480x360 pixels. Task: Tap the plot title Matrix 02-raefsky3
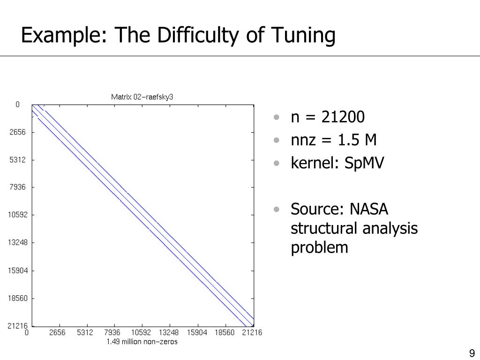(x=142, y=97)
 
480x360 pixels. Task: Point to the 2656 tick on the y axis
(x=18, y=132)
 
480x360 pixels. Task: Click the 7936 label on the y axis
(x=18, y=187)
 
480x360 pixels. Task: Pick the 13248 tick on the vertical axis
(x=18, y=243)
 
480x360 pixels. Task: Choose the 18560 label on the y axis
(x=18, y=298)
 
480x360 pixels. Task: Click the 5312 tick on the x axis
(x=85, y=333)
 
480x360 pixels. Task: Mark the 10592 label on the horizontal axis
(x=141, y=333)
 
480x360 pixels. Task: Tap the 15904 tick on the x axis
(x=197, y=333)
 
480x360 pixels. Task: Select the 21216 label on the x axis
(x=252, y=333)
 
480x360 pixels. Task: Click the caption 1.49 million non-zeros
(x=142, y=342)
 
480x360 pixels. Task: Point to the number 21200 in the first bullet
(x=343, y=117)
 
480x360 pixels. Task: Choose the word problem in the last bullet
(x=319, y=247)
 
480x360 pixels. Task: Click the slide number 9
(x=471, y=353)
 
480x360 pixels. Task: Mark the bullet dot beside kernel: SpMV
(x=278, y=163)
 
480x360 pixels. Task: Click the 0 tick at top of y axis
(x=18, y=105)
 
